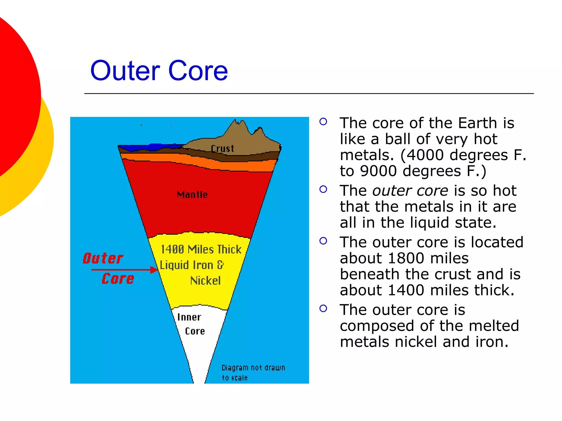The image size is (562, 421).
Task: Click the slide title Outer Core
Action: tap(159, 71)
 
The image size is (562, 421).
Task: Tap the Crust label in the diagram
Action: tap(222, 149)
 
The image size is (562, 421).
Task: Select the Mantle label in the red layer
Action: tap(192, 195)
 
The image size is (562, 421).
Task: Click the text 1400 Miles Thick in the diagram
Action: tap(201, 249)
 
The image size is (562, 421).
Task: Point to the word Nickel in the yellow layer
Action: tap(205, 281)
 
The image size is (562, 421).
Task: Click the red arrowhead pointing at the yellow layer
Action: tap(154, 270)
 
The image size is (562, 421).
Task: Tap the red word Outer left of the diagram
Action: tap(103, 258)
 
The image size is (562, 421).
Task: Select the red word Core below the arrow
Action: tap(118, 279)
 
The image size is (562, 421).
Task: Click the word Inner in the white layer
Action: tap(189, 317)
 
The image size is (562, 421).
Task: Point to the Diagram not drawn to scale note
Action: tap(253, 372)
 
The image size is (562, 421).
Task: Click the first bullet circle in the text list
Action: tap(323, 121)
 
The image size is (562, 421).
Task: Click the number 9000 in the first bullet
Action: tap(378, 171)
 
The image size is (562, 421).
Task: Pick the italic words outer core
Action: tap(410, 190)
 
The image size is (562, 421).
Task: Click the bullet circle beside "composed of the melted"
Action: tap(323, 309)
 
